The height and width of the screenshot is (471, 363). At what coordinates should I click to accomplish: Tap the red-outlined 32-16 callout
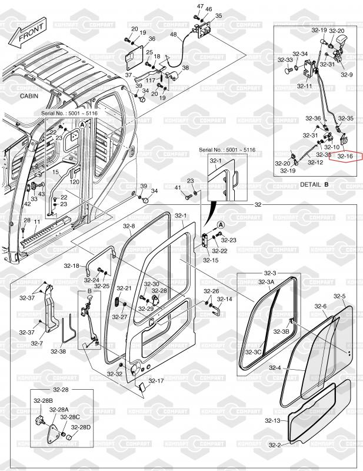347,157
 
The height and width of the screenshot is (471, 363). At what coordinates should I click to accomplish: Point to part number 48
173,35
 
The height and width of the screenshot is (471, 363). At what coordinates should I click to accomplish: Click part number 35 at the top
218,16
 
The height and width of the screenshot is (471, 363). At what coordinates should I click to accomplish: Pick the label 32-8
128,226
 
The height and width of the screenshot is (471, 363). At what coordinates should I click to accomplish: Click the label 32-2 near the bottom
275,445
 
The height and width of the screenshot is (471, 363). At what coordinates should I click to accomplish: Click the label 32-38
58,351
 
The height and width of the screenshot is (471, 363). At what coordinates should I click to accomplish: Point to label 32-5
339,296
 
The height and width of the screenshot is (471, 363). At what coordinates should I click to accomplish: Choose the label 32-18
72,266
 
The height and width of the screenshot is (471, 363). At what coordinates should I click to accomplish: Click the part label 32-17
156,381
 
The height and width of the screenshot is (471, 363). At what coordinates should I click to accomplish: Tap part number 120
75,182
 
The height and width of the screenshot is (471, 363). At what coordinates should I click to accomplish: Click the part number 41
178,187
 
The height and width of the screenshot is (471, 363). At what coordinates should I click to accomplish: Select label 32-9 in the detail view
347,75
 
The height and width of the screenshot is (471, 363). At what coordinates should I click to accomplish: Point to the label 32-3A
267,282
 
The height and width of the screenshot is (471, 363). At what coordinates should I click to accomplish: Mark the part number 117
151,81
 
